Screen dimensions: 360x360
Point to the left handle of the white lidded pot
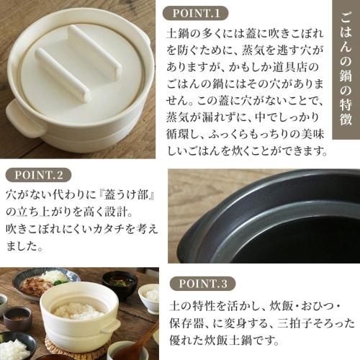[x=17, y=117]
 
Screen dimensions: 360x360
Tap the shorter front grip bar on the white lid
[x=62, y=74]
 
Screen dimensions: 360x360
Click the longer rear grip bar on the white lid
[x=94, y=51]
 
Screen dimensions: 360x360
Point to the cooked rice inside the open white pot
[x=78, y=310]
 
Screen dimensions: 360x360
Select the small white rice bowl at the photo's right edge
[x=151, y=295]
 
